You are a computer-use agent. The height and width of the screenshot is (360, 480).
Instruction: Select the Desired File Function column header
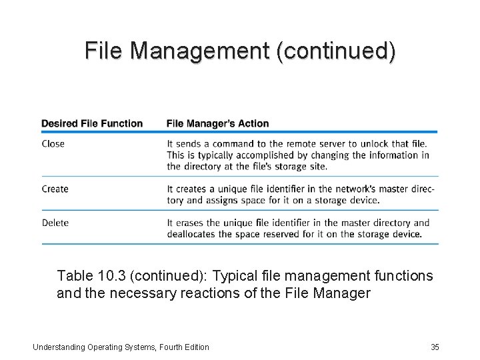92,123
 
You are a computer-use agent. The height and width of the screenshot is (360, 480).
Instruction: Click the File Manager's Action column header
217,123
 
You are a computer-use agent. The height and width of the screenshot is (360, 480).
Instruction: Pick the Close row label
53,143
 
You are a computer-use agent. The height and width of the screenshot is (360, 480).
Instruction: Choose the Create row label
55,189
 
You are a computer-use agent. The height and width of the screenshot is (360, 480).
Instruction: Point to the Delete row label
55,223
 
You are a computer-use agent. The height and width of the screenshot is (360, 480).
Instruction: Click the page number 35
435,347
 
